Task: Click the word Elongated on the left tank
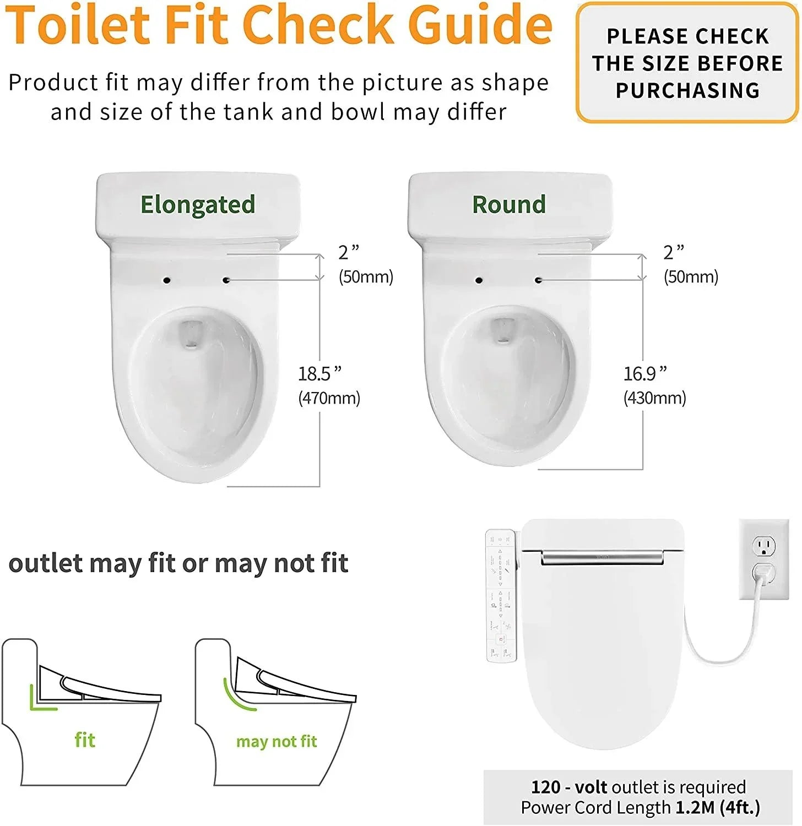(x=198, y=205)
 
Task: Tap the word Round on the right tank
(x=509, y=204)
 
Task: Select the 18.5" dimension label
(x=319, y=374)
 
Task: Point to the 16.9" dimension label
(x=645, y=374)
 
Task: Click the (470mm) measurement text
(x=329, y=398)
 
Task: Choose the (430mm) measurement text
(x=654, y=398)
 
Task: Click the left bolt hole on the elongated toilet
(x=166, y=280)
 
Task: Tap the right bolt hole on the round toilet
(x=538, y=280)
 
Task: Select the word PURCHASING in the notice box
(x=687, y=90)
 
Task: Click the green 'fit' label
(x=85, y=740)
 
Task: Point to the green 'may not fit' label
(x=277, y=742)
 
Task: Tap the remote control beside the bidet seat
(x=500, y=595)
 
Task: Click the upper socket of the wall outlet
(x=764, y=547)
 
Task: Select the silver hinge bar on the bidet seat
(x=602, y=558)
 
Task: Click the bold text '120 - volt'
(x=568, y=787)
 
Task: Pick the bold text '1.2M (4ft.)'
(x=718, y=807)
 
